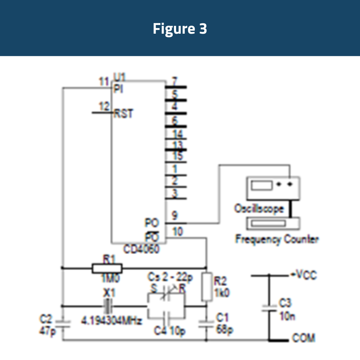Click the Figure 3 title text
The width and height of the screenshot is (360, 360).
click(180, 29)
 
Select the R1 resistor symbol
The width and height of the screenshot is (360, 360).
click(107, 268)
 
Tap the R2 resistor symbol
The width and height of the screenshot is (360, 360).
click(207, 287)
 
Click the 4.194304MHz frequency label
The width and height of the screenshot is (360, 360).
click(112, 321)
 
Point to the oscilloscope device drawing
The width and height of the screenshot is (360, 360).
click(273, 187)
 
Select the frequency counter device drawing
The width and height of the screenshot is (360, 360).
click(273, 223)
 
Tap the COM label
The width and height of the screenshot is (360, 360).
click(303, 338)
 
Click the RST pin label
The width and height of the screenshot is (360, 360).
click(123, 114)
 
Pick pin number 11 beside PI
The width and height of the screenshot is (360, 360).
click(104, 81)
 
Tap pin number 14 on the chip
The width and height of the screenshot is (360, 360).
click(178, 134)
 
